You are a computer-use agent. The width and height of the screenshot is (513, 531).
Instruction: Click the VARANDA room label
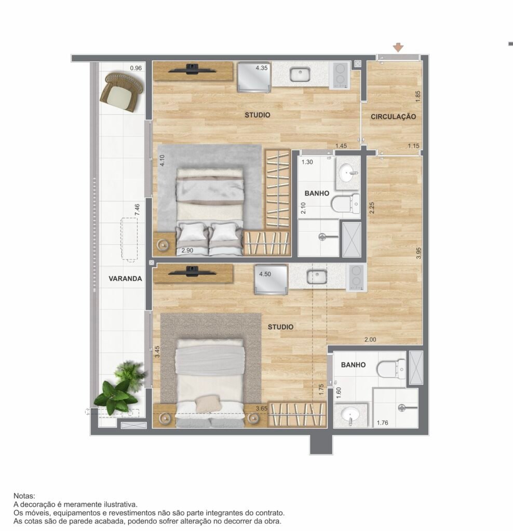point(125,278)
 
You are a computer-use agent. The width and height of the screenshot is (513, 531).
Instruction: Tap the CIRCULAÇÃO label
point(393,117)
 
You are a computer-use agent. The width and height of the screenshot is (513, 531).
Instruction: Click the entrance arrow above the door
point(398,47)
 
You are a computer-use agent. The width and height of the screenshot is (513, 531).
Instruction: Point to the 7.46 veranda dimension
point(137,209)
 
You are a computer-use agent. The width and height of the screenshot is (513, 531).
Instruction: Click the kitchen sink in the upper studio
point(300,74)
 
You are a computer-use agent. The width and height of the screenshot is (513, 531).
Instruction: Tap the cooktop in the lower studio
point(356,277)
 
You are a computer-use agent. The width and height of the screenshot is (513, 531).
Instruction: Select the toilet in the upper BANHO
point(345,204)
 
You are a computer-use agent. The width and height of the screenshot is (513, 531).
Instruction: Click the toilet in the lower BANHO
point(391,369)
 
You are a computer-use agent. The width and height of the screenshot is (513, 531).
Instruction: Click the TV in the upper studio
point(192,69)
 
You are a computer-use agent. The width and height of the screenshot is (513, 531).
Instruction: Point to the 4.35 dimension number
point(261,68)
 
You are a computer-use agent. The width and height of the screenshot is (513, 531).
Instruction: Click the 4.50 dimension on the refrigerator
point(265,274)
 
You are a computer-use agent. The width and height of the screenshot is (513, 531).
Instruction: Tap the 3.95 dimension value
point(419,253)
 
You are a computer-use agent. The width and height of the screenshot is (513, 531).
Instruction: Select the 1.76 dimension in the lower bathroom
point(383,423)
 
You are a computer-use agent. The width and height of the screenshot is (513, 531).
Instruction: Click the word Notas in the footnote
point(24,496)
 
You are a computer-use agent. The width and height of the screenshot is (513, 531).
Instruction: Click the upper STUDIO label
point(258,115)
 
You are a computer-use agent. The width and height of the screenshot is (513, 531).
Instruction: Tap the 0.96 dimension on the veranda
point(136,68)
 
